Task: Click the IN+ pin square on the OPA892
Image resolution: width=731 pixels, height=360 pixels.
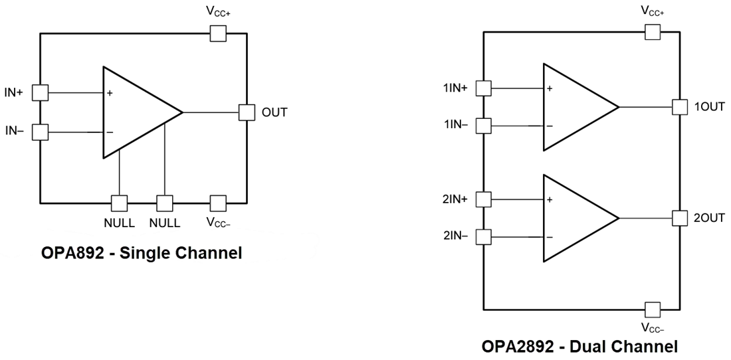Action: pyautogui.click(x=41, y=92)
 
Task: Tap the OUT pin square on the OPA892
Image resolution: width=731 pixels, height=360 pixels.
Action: pyautogui.click(x=247, y=112)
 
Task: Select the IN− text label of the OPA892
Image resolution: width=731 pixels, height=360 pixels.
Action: pyautogui.click(x=15, y=131)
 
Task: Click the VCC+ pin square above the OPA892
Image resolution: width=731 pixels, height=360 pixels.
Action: pyautogui.click(x=218, y=33)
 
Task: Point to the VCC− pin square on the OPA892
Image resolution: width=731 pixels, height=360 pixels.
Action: pyautogui.click(x=218, y=203)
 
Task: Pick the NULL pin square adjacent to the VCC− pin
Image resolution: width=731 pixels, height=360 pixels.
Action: pyautogui.click(x=165, y=203)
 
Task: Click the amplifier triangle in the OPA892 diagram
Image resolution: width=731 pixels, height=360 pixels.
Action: pyautogui.click(x=136, y=112)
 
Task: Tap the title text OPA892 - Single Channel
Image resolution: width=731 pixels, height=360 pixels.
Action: pyautogui.click(x=140, y=252)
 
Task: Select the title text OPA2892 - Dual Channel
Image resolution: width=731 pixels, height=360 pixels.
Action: pyautogui.click(x=580, y=346)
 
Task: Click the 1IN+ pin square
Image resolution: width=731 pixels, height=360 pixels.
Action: pyautogui.click(x=483, y=88)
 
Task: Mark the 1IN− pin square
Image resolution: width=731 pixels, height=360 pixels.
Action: pyautogui.click(x=483, y=126)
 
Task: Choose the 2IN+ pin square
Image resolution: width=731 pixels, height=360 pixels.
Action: pyautogui.click(x=483, y=199)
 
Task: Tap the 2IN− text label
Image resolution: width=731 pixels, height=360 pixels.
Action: pyautogui.click(x=455, y=236)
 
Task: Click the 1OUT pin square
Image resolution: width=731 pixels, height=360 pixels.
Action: pyautogui.click(x=679, y=106)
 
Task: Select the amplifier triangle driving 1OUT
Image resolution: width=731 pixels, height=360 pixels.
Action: pyautogui.click(x=574, y=107)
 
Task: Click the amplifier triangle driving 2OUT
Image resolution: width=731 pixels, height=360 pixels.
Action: pyautogui.click(x=574, y=218)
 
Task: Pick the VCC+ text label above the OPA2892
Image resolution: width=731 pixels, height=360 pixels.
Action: pyautogui.click(x=653, y=11)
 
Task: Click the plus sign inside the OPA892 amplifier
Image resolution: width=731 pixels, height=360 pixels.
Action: pyautogui.click(x=110, y=94)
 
